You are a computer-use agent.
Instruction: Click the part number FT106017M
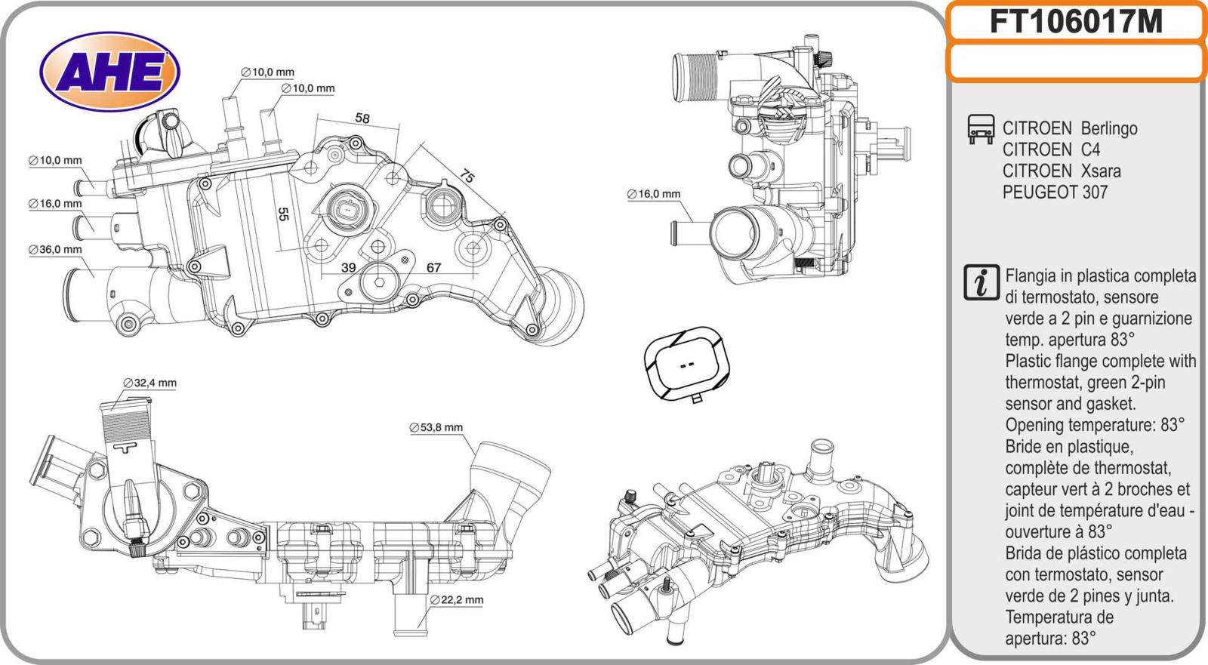(x=1075, y=22)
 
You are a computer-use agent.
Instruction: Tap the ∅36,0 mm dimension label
(x=55, y=249)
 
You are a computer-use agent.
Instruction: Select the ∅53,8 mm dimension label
(x=436, y=427)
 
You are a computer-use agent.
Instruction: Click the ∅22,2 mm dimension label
(x=457, y=600)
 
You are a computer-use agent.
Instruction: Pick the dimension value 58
(x=362, y=119)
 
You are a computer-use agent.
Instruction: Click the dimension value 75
(x=467, y=177)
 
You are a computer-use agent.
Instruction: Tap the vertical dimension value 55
(x=284, y=214)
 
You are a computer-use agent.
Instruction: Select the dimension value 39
(x=348, y=268)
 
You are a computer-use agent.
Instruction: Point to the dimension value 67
(x=433, y=268)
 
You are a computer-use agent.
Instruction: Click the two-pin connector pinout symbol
(x=686, y=364)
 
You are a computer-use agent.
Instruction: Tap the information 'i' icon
(x=981, y=282)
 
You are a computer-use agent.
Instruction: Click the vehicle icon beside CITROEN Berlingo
(x=981, y=129)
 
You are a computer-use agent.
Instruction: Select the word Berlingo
(x=1108, y=128)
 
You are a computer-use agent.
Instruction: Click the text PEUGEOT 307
(x=1055, y=192)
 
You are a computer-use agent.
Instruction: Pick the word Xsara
(x=1101, y=171)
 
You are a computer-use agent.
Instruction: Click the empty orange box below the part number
(x=1075, y=62)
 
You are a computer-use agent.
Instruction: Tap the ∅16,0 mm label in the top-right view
(x=654, y=194)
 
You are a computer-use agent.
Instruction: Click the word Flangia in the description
(x=1034, y=276)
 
